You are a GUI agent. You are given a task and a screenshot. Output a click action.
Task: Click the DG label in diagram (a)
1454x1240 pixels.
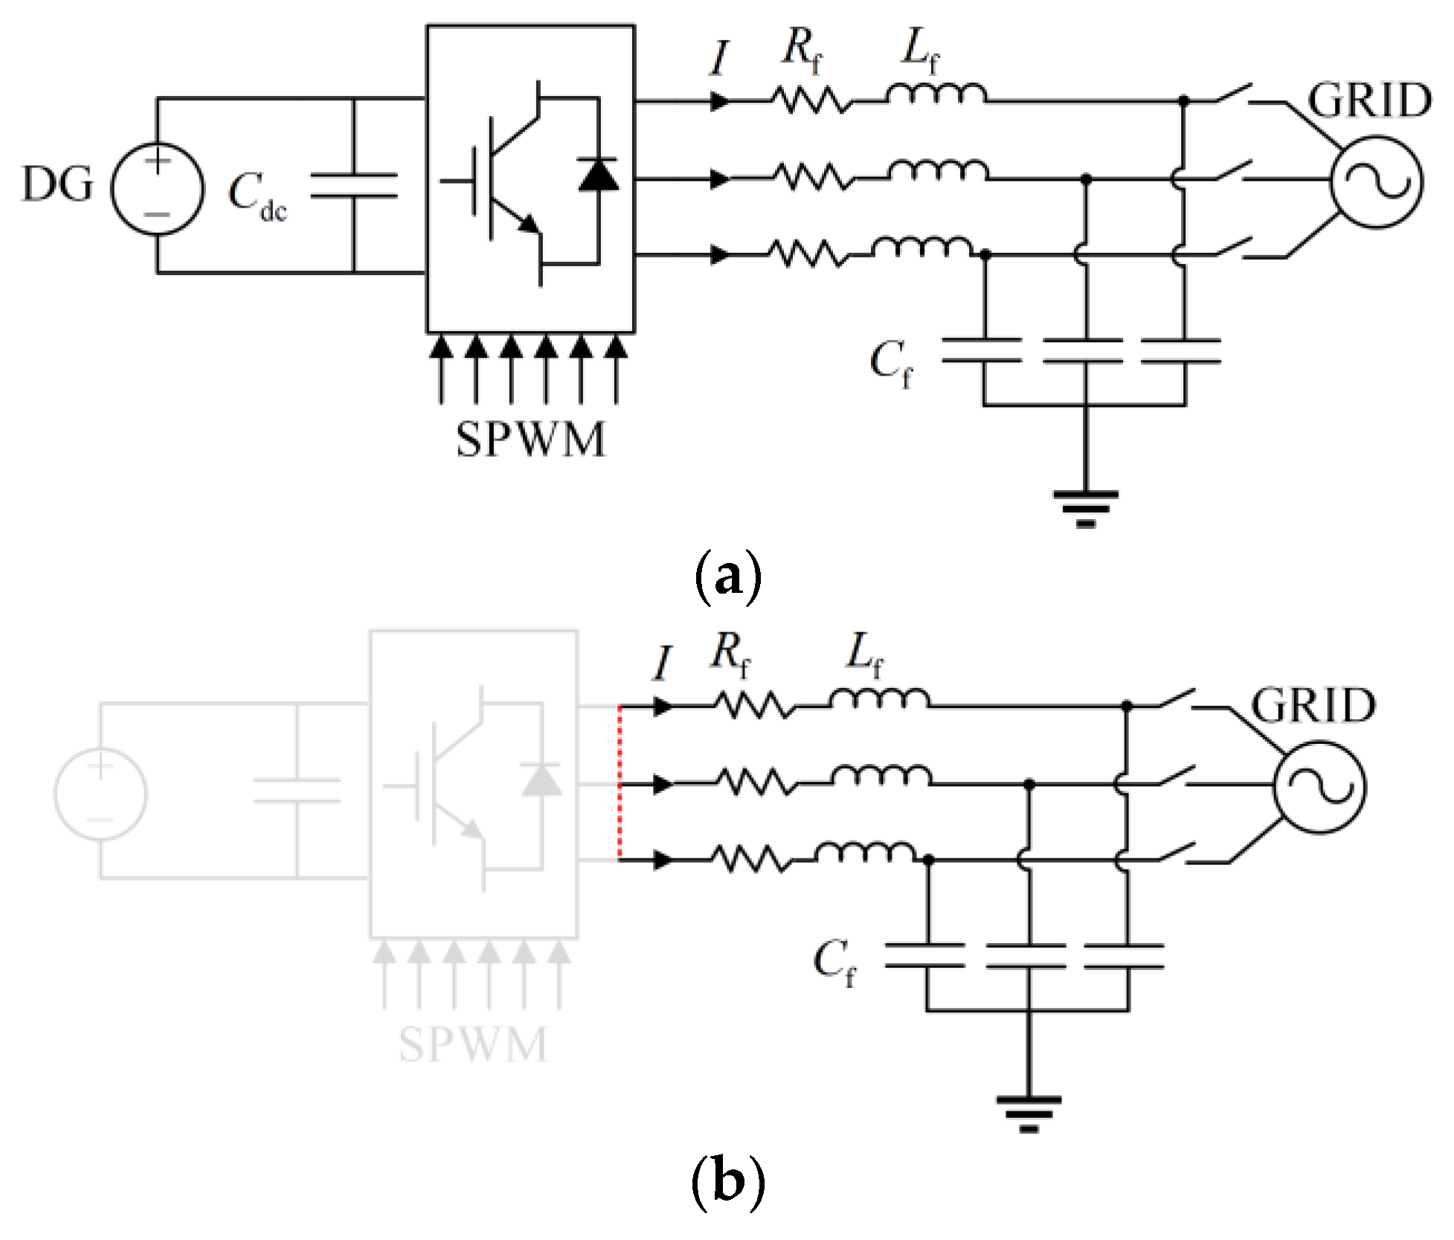(x=57, y=184)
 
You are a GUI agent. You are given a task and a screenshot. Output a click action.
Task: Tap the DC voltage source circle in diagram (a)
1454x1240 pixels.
(x=157, y=188)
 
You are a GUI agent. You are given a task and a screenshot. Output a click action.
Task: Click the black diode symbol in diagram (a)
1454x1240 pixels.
(x=598, y=174)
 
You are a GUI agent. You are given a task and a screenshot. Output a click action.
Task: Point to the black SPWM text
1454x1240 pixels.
(x=530, y=440)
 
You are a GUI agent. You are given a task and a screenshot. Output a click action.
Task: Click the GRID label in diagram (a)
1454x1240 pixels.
(x=1369, y=101)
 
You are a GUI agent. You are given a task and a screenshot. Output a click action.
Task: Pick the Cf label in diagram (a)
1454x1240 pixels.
(x=890, y=365)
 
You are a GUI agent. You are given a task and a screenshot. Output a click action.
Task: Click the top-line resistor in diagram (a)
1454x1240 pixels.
(x=809, y=100)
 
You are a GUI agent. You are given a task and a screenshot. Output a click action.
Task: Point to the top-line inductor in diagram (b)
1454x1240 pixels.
(x=879, y=698)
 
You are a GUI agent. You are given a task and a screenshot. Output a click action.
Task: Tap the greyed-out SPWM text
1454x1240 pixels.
(x=473, y=1044)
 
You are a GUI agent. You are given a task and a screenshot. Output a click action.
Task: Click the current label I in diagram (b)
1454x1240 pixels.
(x=661, y=664)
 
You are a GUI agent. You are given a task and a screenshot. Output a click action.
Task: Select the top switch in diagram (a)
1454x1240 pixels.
(x=1233, y=95)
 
